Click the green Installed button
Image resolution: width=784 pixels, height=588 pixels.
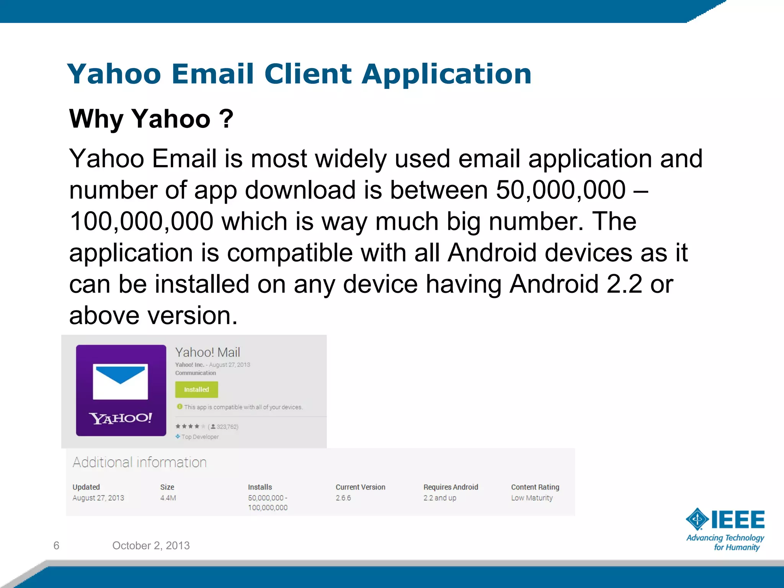coord(196,390)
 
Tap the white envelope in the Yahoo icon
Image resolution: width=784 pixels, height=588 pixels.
coord(120,381)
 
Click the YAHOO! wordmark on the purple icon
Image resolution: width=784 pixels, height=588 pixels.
coord(121,418)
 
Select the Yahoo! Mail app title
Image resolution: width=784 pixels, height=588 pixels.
coord(207,352)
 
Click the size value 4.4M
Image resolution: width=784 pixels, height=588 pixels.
coord(168,498)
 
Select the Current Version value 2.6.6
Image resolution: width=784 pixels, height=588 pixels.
coord(343,498)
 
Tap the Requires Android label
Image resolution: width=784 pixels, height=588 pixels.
coord(451,487)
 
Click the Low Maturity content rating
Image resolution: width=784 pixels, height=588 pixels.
coord(532,498)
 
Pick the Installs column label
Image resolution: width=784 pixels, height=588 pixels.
coord(260,487)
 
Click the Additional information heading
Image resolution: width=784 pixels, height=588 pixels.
coord(140,462)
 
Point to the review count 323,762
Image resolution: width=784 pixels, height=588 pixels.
coord(227,426)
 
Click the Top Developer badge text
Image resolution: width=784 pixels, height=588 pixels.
coord(200,437)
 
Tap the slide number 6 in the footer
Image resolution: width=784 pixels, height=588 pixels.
coord(56,546)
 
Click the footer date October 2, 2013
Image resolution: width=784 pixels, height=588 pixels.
coord(151,546)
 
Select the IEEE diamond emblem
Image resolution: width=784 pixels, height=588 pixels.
coord(697,519)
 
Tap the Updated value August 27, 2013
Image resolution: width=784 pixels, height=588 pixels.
coord(98,498)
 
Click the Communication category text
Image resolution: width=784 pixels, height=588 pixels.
coord(196,373)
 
